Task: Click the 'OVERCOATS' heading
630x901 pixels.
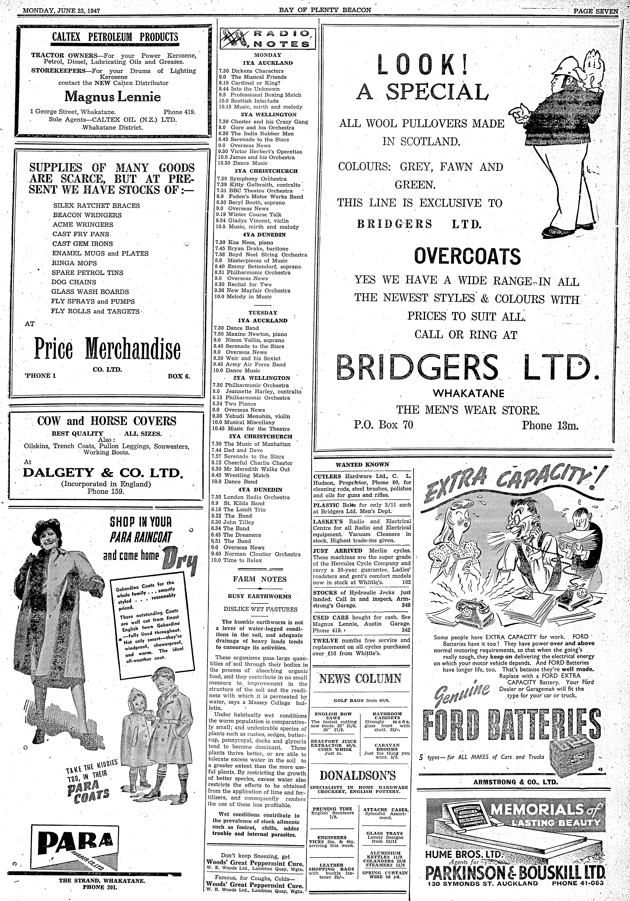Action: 468,257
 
